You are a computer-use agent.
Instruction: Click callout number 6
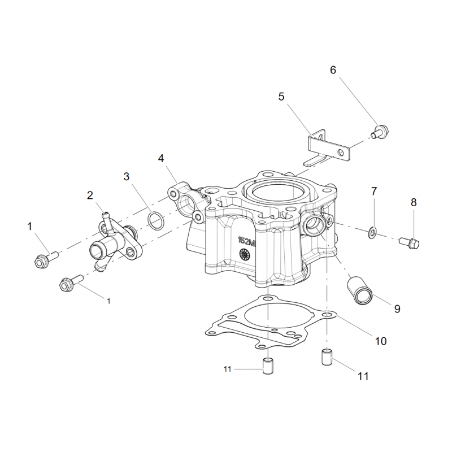pos(333,70)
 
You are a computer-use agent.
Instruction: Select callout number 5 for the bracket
pos(281,97)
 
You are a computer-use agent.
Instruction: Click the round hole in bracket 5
pos(341,152)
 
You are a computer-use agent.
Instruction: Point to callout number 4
pos(161,158)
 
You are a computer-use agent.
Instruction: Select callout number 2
pos(90,195)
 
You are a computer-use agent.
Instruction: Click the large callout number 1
pos(29,227)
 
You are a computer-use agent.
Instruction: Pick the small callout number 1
pos(108,301)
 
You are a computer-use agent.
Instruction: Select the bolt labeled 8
pos(409,243)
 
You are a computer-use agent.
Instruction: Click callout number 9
pos(397,309)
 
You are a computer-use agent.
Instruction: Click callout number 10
pos(380,341)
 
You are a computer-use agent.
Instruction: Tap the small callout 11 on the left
pos(228,369)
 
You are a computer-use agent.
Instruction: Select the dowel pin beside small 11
pos(268,366)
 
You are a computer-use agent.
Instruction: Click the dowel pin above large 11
pos(327,358)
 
